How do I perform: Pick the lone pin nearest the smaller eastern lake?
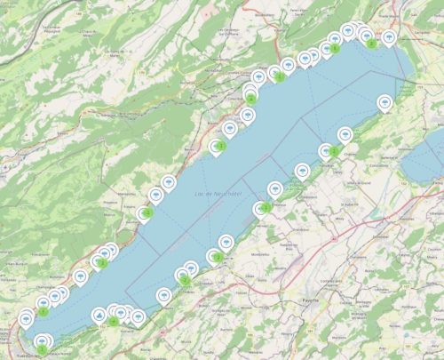point(385,102)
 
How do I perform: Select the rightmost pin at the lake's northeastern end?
point(389,36)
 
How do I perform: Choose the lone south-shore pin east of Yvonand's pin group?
point(164,295)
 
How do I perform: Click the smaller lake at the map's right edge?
point(424,160)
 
